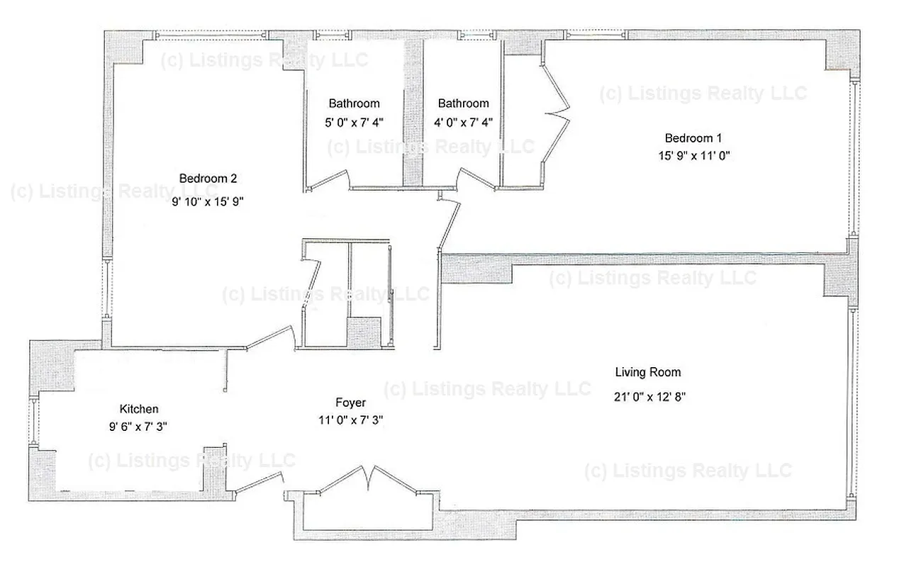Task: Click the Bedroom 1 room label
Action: [693, 137]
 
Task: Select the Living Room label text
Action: [647, 372]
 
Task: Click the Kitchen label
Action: [139, 409]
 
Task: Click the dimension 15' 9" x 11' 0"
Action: [693, 155]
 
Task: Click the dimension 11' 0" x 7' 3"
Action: [350, 420]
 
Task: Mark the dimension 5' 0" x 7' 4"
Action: [353, 122]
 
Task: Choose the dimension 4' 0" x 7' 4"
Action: [463, 122]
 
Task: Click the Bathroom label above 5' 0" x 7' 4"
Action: [353, 103]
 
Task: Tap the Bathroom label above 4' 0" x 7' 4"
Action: [463, 103]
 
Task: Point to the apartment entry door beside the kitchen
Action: [259, 486]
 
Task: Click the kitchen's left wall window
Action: [34, 422]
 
